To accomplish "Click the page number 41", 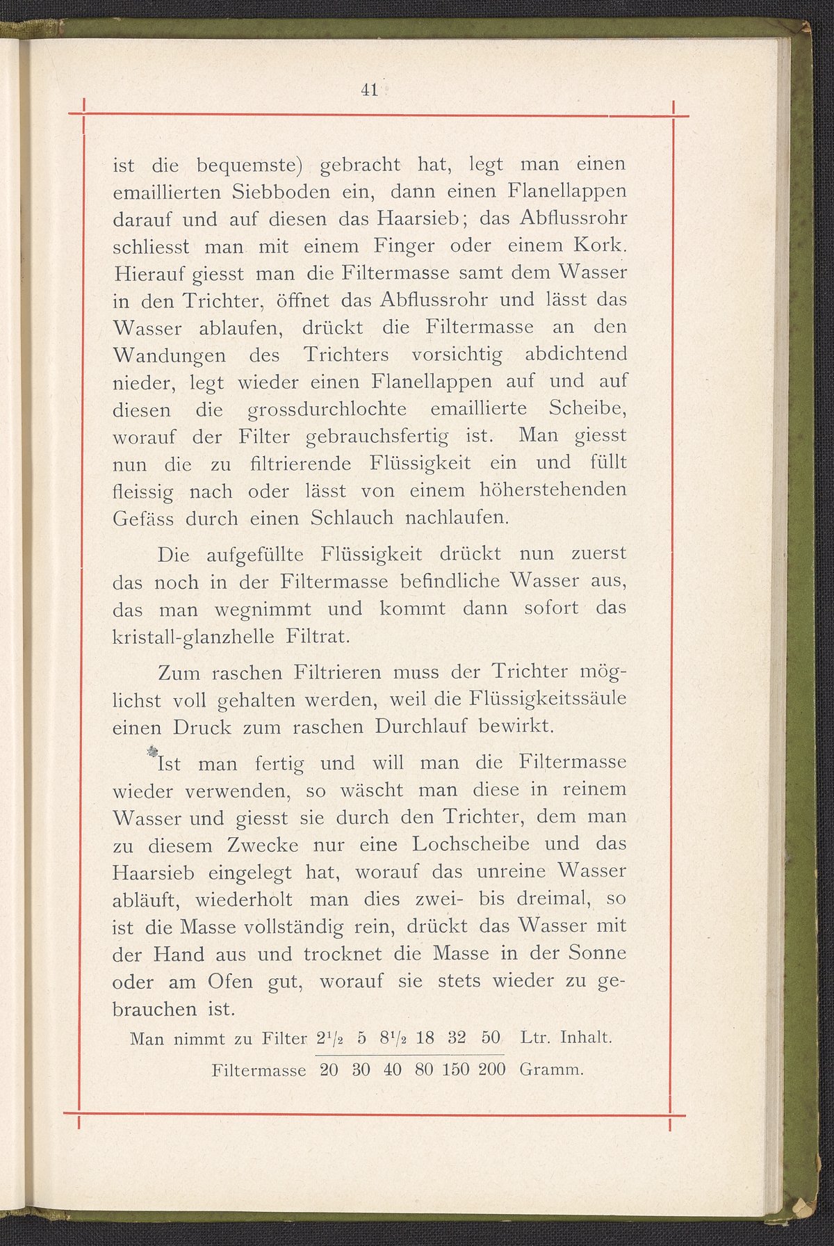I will tap(368, 90).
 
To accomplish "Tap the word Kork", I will tap(600, 246).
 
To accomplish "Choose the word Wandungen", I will tap(169, 356).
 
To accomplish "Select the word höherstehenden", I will tap(553, 490).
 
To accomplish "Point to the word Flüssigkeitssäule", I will tap(549, 699).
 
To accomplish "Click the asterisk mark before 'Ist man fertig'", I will tap(152, 752).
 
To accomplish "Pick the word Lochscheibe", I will tap(471, 845).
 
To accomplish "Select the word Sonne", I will tap(598, 953).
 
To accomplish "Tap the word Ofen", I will tap(232, 982).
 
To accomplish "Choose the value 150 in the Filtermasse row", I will tap(455, 1069).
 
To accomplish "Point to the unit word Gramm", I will tap(550, 1069).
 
